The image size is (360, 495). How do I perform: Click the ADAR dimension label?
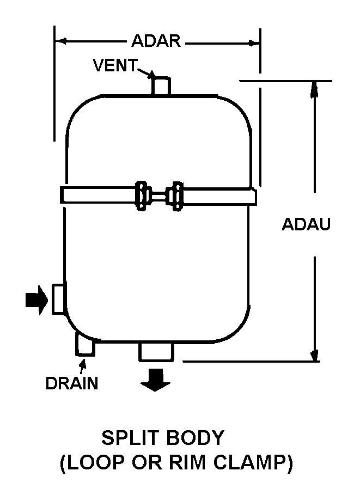coord(156,41)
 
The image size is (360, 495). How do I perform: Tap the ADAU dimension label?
coord(306,224)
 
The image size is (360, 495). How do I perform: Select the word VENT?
coord(114,66)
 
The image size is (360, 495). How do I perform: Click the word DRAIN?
coord(72,383)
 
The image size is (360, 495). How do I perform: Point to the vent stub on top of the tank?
coord(161,86)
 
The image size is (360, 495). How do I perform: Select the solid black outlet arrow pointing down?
coord(155,380)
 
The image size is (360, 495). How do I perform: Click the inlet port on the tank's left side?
coord(59,299)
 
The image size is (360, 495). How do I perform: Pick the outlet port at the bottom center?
coord(156,352)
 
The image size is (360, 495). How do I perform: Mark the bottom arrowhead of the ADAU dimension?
coord(314,355)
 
